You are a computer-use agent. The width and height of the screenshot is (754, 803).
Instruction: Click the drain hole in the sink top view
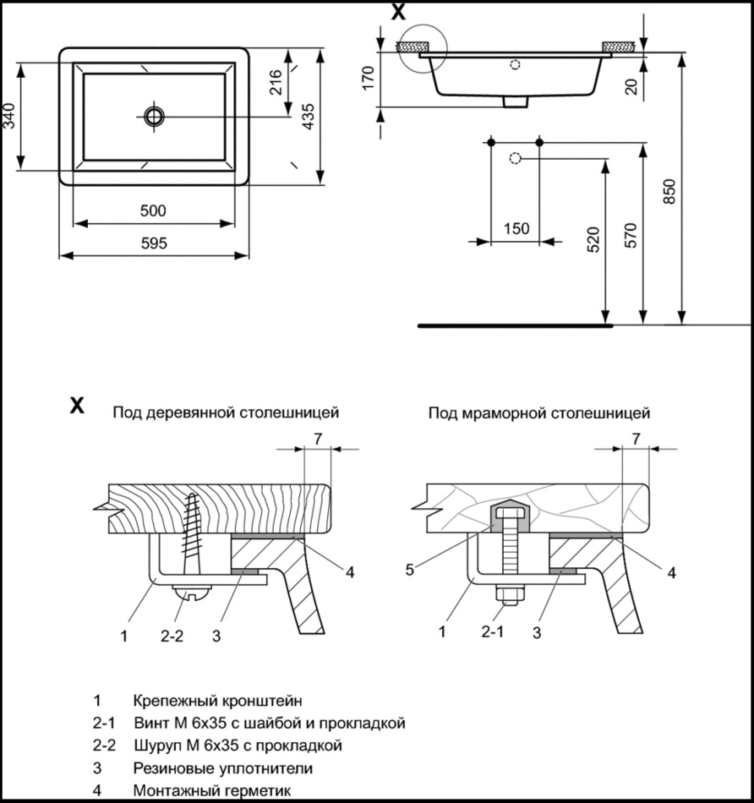point(154,116)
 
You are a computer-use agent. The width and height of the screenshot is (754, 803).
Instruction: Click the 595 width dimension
point(154,243)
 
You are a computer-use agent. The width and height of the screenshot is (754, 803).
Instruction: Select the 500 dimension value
point(153,210)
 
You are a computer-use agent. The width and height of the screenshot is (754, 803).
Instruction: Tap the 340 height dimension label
point(9,115)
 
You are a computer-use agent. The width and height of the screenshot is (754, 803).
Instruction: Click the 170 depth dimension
point(366,78)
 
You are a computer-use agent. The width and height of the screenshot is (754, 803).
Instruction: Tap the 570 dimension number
point(630,235)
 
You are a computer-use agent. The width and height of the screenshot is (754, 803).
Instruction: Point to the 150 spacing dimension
point(516,228)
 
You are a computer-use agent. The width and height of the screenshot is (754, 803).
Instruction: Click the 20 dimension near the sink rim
point(631,85)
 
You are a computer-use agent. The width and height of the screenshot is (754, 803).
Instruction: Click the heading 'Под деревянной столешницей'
point(226,413)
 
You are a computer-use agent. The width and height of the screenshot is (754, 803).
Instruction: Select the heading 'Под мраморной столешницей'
point(538,413)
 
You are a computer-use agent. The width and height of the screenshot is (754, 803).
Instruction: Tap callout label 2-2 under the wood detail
point(172,636)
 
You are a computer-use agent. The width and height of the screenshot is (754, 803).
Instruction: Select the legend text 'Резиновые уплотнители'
point(222,768)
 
